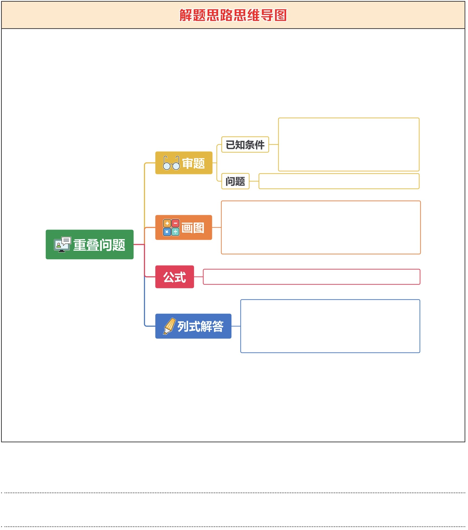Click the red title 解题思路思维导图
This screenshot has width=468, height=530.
(233, 15)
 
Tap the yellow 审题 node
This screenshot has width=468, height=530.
(184, 163)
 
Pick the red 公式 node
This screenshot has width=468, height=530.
(175, 277)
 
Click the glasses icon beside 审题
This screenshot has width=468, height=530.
(172, 163)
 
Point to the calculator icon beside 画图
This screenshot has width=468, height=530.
(171, 228)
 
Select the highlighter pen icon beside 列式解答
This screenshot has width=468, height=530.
(170, 326)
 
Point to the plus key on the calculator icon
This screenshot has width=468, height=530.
(167, 224)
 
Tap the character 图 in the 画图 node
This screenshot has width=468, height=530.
(199, 228)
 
